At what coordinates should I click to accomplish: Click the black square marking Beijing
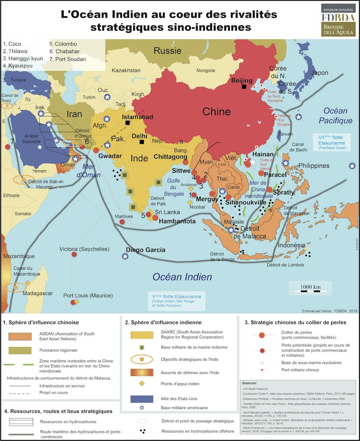[244, 86]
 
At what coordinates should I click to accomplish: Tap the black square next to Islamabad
[127, 123]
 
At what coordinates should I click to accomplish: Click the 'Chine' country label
[216, 111]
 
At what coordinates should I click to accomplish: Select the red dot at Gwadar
[96, 150]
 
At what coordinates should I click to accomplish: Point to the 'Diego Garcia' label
[145, 250]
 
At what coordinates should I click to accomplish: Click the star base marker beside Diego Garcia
[125, 256]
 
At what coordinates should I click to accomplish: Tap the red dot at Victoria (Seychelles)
[74, 254]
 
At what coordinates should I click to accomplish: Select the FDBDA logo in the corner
[338, 20]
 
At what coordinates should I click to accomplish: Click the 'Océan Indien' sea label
[182, 277]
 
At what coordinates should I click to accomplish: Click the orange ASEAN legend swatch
[21, 336]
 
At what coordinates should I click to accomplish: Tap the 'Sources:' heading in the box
[249, 383]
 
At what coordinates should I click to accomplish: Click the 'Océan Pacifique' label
[335, 116]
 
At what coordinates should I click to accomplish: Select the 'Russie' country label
[167, 51]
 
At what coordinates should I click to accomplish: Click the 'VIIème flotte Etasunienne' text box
[330, 142]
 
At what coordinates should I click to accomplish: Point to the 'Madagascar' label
[37, 293]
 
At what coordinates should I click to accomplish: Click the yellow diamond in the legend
[142, 384]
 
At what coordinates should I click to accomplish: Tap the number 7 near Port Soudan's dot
[12, 141]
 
